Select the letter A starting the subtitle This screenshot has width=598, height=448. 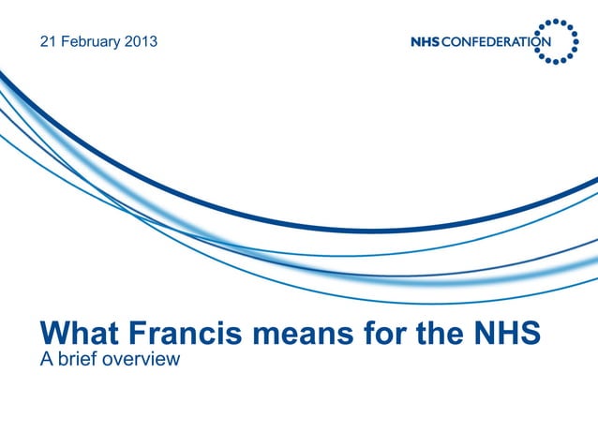click(x=45, y=357)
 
